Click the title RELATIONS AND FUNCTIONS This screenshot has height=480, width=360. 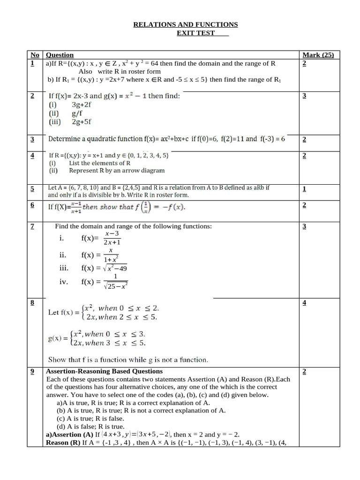coord(186,24)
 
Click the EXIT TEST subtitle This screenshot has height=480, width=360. coord(195,33)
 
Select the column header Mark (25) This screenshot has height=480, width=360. coord(318,55)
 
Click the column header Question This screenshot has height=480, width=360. coord(60,55)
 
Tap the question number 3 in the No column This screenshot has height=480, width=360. coord(32,139)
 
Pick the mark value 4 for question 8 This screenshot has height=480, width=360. coord(304,302)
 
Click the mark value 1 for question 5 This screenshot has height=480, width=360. coord(304,189)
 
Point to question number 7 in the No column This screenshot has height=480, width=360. coord(32,226)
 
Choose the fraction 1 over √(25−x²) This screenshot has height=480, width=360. coord(115,281)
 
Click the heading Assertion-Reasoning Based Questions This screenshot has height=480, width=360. coord(105,371)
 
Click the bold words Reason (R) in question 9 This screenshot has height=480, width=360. coord(63,442)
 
